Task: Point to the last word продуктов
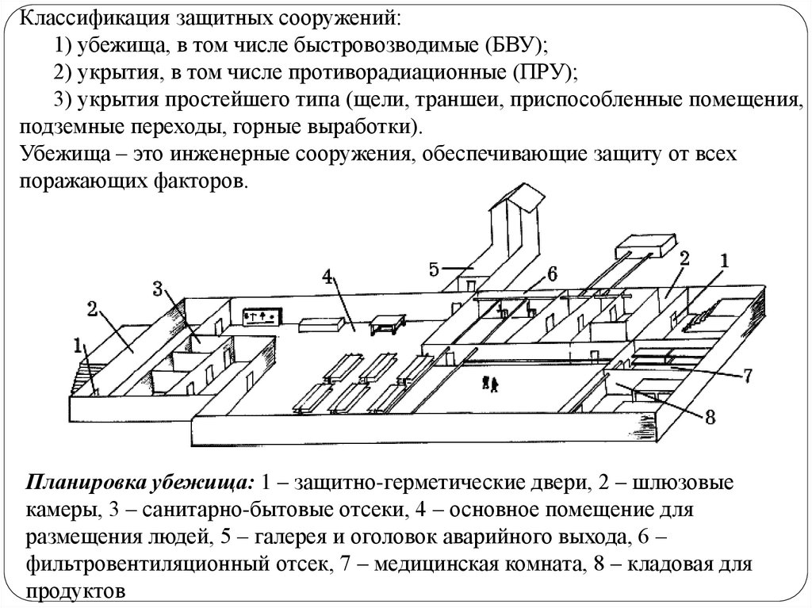[x=75, y=591]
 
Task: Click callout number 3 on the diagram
[x=158, y=289]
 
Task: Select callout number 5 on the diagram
[x=434, y=269]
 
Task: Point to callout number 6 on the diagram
[x=552, y=273]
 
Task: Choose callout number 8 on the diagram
[x=710, y=415]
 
